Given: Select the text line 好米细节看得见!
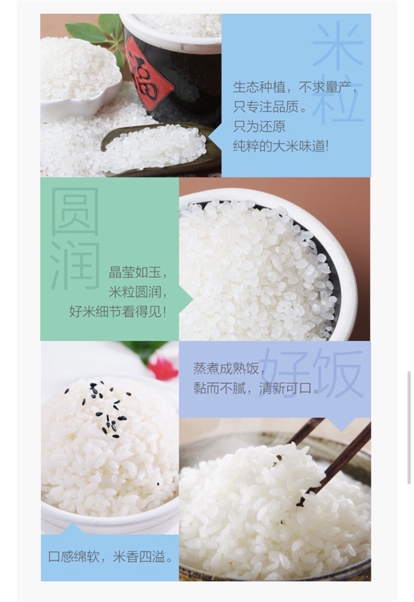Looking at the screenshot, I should tap(118, 311).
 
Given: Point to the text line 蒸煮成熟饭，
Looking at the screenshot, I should tap(224, 368).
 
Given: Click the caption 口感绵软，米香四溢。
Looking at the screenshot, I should tap(110, 556).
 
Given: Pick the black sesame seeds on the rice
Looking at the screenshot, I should tap(106, 411).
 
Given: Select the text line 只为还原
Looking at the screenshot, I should tap(259, 126).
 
